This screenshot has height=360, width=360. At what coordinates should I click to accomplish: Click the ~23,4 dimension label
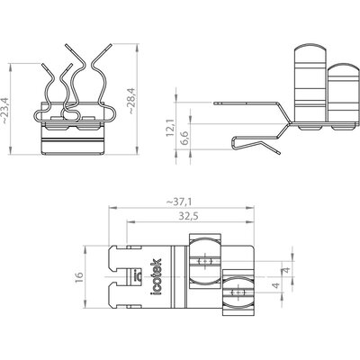(x=6, y=111)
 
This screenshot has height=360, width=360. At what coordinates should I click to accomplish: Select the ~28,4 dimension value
(x=131, y=101)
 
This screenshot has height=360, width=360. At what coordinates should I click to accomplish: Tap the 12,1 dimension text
(x=170, y=128)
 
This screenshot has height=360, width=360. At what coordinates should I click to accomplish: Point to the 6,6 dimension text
(x=184, y=138)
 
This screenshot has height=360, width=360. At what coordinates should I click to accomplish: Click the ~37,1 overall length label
(x=179, y=202)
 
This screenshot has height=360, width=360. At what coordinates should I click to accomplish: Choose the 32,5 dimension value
(x=189, y=216)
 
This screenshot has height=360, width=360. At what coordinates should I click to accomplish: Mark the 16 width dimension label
(x=79, y=278)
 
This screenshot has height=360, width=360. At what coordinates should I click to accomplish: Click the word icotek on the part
(x=156, y=276)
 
